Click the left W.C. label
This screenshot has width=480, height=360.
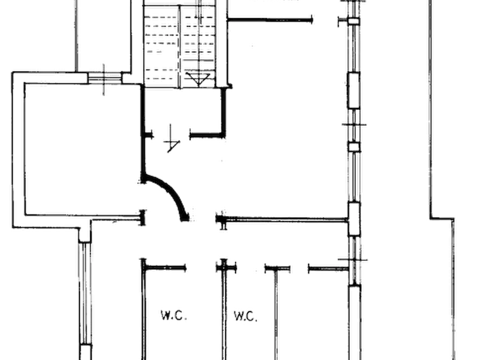point(174,315)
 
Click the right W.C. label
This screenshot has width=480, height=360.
point(246,316)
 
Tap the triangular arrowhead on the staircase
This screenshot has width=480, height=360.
point(198,80)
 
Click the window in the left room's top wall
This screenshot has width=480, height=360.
point(105,78)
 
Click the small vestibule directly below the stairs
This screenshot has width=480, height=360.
point(183,112)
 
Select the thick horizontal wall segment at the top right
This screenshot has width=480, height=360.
point(270,20)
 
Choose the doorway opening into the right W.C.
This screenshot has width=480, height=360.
point(250,269)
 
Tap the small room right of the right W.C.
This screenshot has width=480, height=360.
point(312,315)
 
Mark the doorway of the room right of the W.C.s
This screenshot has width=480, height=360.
point(299,269)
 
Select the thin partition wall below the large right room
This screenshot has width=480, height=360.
point(284,219)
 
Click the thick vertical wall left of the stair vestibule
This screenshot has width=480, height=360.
point(142,133)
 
